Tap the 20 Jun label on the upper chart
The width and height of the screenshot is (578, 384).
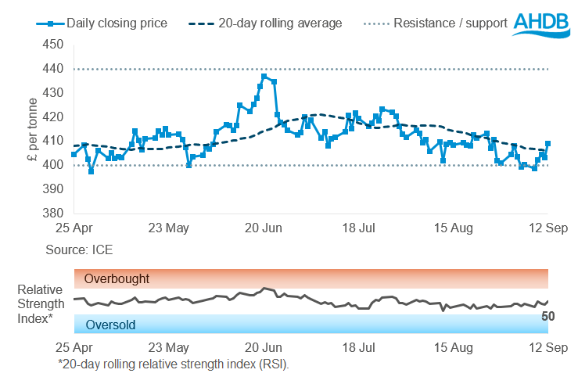pos(263,229)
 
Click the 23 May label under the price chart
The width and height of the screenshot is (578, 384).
pos(168,229)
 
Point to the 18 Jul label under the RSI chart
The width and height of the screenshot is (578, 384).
pos(357,346)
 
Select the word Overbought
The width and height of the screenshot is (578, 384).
pos(117,278)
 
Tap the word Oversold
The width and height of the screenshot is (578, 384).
pos(110,325)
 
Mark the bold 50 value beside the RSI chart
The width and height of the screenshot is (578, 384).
pos(548,317)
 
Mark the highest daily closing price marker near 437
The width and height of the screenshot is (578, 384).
pos(264,77)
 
